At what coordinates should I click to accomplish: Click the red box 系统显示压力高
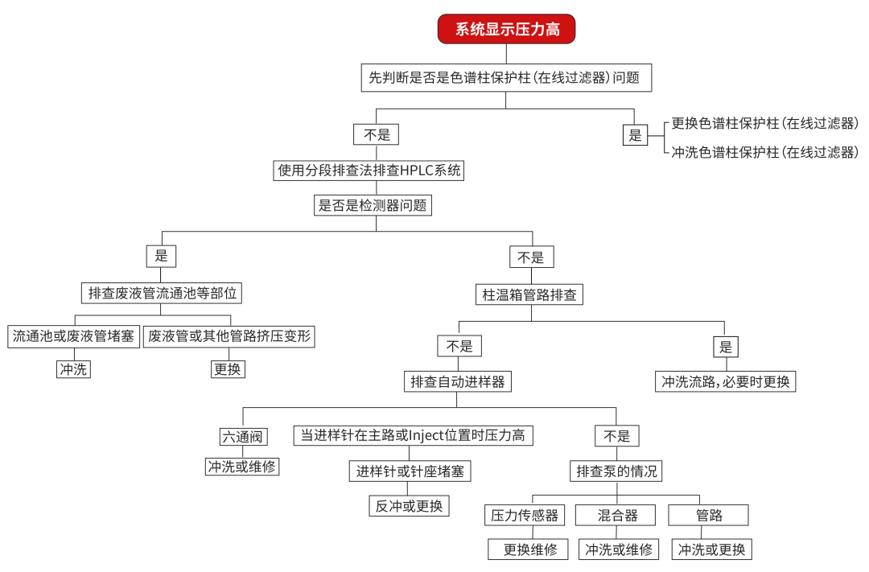(x=506, y=30)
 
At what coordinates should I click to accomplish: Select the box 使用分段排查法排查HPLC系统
(x=369, y=171)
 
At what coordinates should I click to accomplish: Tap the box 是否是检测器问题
(x=373, y=206)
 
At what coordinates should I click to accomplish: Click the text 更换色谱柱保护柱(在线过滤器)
(x=764, y=124)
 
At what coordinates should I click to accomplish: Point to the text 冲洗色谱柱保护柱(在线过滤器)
(x=764, y=152)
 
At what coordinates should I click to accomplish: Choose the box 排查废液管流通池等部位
(x=162, y=293)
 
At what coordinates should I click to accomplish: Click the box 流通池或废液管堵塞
(x=74, y=336)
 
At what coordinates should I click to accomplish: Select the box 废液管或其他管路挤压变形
(x=229, y=336)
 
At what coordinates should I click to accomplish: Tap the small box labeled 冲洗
(x=74, y=369)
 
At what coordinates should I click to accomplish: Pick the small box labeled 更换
(x=228, y=369)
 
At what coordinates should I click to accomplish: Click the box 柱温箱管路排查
(x=529, y=294)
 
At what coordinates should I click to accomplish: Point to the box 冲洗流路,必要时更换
(x=726, y=381)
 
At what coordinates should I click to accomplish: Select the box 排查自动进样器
(x=458, y=381)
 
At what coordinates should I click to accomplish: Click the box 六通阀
(x=244, y=437)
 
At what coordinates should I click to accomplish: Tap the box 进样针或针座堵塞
(x=410, y=471)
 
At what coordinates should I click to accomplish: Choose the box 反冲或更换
(x=410, y=506)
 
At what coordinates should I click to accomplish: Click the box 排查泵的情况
(x=617, y=471)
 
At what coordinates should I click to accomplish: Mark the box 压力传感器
(x=525, y=516)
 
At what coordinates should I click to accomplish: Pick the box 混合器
(x=618, y=516)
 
